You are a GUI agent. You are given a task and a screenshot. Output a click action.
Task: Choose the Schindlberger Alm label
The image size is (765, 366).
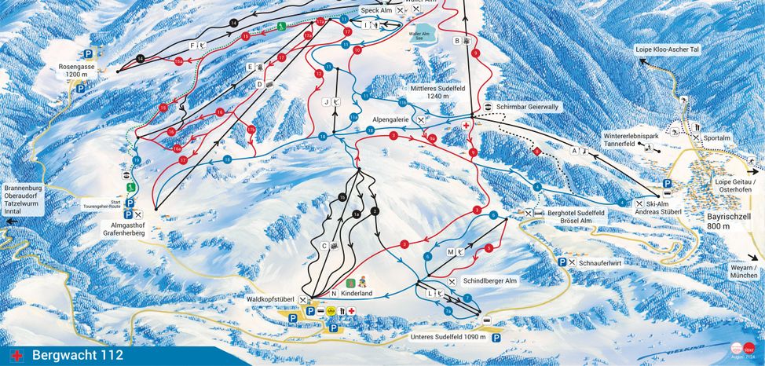point(490,280)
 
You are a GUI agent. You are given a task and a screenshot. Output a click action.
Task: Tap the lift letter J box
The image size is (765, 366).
point(325,101)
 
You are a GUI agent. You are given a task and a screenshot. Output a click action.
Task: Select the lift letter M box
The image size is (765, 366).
point(451,252)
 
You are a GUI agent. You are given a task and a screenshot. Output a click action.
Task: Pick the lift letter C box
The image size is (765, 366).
point(324,246)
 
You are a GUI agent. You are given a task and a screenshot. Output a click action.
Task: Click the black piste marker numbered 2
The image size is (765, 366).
point(375,211)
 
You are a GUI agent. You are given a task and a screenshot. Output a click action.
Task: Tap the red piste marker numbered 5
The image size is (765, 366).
point(489,248)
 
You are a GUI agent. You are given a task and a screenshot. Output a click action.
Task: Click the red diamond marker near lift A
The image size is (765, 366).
point(537,150)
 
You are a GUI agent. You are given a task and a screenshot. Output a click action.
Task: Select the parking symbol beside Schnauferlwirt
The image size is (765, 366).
point(562,262)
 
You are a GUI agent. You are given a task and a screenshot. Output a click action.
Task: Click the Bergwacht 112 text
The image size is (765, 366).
point(77,356)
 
